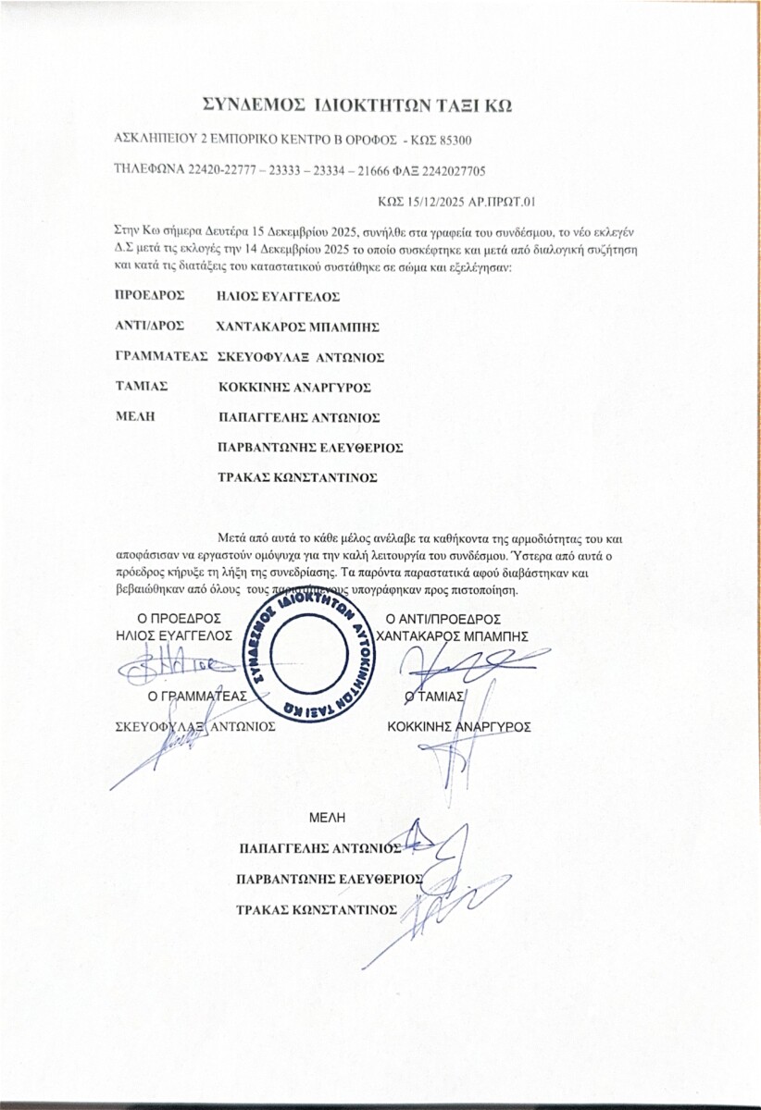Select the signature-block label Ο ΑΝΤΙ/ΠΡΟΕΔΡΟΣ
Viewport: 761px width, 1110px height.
[443, 619]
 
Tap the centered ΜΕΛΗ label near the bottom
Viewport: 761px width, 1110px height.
[326, 816]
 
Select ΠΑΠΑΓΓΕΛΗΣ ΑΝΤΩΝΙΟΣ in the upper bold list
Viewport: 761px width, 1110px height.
[297, 416]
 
